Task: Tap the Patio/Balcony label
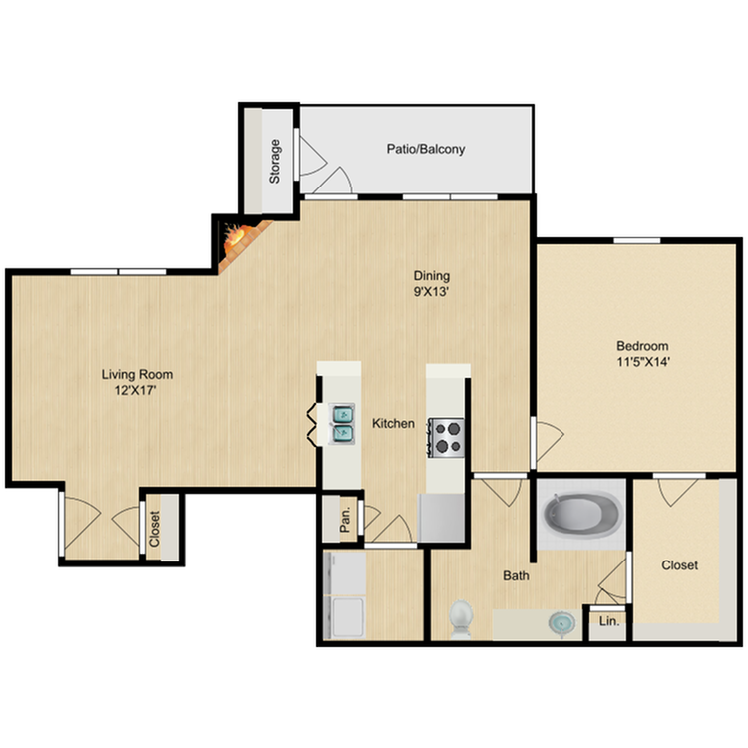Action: pyautogui.click(x=426, y=149)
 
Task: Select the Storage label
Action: pyautogui.click(x=275, y=162)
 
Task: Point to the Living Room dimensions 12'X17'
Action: pyautogui.click(x=136, y=391)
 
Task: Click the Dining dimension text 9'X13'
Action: pyautogui.click(x=431, y=291)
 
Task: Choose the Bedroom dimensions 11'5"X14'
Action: pyautogui.click(x=644, y=362)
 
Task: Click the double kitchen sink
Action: pyautogui.click(x=342, y=423)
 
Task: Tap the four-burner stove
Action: pyautogui.click(x=446, y=438)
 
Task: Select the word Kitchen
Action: pyautogui.click(x=393, y=423)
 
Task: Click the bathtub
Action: pyautogui.click(x=581, y=515)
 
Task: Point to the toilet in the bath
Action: pyautogui.click(x=461, y=619)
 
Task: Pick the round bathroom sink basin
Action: pyautogui.click(x=561, y=623)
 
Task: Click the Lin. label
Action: pyautogui.click(x=609, y=621)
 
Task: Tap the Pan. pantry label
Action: pyautogui.click(x=345, y=519)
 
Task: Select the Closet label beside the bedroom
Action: pyautogui.click(x=680, y=565)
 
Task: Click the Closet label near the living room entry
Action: pyautogui.click(x=154, y=529)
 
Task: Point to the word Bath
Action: pyautogui.click(x=516, y=575)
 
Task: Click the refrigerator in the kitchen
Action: pyautogui.click(x=441, y=518)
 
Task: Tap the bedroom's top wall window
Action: pyautogui.click(x=637, y=240)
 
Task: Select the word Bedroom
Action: pyautogui.click(x=642, y=346)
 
